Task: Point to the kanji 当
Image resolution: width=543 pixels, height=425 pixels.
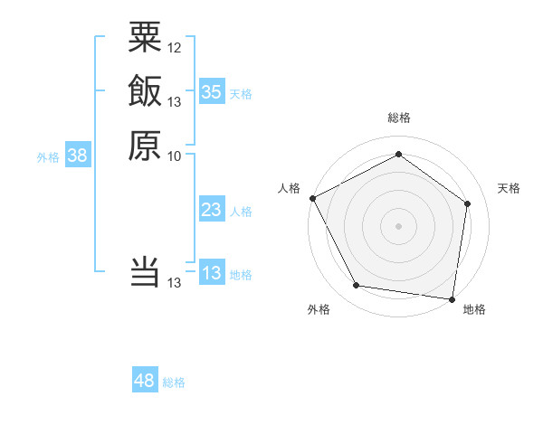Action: pyautogui.click(x=145, y=271)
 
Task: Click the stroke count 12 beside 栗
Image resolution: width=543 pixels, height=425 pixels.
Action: pyautogui.click(x=175, y=47)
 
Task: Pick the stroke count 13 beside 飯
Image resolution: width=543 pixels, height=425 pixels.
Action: pyautogui.click(x=175, y=101)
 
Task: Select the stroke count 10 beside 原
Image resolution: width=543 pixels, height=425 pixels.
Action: pyautogui.click(x=175, y=156)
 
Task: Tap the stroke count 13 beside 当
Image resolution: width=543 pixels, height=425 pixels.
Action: pyautogui.click(x=175, y=283)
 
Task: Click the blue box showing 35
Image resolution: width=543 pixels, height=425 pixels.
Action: pyautogui.click(x=212, y=91)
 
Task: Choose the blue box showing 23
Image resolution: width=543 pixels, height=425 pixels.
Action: pyautogui.click(x=212, y=211)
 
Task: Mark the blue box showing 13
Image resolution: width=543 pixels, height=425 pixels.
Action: pyautogui.click(x=212, y=273)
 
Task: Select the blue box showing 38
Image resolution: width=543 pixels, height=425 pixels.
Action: pyautogui.click(x=78, y=156)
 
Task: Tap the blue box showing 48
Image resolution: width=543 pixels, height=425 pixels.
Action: pyautogui.click(x=145, y=381)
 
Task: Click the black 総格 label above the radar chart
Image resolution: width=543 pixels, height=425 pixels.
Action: pyautogui.click(x=398, y=118)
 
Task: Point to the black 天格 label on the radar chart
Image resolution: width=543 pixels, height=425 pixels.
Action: pyautogui.click(x=509, y=188)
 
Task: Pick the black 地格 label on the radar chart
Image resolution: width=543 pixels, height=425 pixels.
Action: pyautogui.click(x=474, y=310)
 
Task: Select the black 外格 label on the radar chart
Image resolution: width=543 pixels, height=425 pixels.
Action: pyautogui.click(x=319, y=310)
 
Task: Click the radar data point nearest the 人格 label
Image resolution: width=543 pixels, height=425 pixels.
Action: pyautogui.click(x=312, y=197)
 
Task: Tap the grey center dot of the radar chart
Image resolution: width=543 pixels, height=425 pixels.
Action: pyautogui.click(x=398, y=225)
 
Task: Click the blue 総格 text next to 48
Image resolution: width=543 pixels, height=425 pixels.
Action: pyautogui.click(x=174, y=382)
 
